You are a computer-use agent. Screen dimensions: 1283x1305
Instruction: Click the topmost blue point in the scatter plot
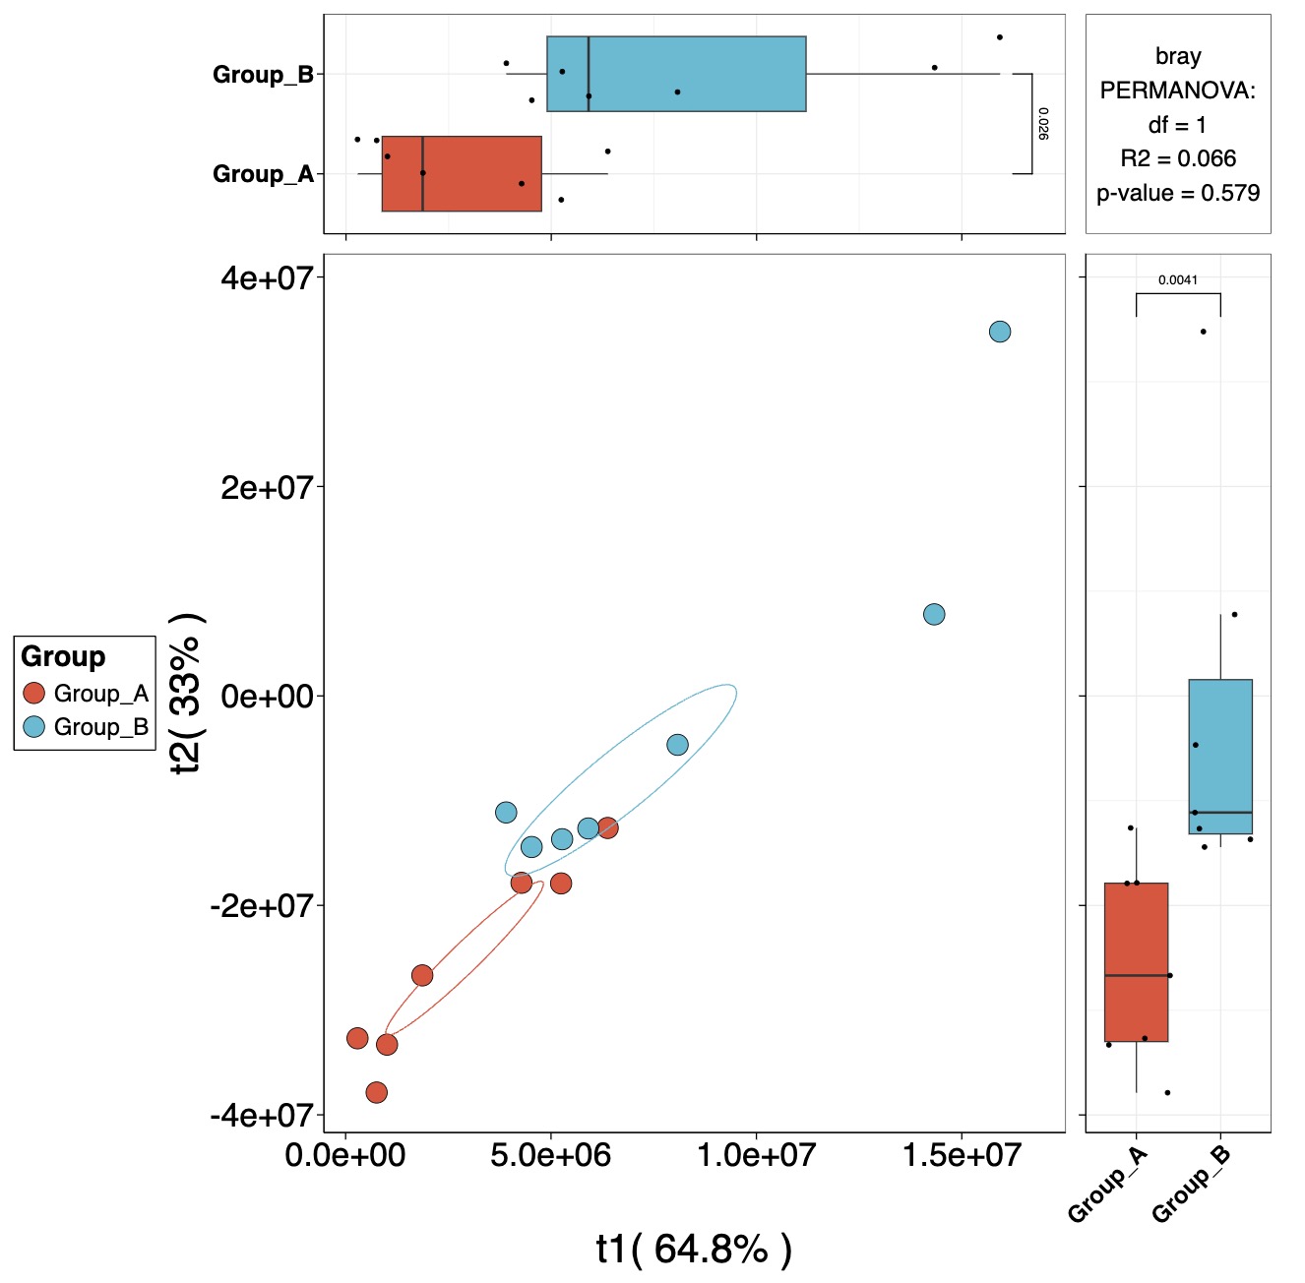click(999, 332)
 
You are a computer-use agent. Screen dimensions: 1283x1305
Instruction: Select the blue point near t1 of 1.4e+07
click(934, 614)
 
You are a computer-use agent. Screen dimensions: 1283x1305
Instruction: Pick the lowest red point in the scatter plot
click(376, 1092)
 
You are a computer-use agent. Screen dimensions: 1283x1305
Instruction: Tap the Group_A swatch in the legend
click(34, 694)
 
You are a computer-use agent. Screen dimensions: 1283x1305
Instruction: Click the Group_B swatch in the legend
click(34, 727)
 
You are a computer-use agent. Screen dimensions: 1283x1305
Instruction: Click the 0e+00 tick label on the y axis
click(266, 697)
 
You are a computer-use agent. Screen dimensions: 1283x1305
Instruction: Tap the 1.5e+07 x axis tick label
click(962, 1154)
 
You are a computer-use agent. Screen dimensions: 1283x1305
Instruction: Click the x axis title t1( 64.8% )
click(694, 1249)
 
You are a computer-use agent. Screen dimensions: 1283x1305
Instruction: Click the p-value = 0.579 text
click(1178, 193)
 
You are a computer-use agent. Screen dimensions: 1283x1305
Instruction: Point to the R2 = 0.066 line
click(1178, 158)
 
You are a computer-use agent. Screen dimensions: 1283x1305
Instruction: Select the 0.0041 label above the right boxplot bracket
click(1178, 280)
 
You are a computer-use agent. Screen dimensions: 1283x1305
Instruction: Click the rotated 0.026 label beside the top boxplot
click(1043, 124)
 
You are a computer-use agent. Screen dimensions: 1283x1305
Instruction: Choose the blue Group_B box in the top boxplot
click(676, 74)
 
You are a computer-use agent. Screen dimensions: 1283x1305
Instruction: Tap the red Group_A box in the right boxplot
click(1136, 962)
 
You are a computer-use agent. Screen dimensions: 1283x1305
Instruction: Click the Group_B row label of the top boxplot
click(263, 75)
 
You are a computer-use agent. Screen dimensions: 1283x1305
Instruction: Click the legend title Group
click(63, 656)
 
